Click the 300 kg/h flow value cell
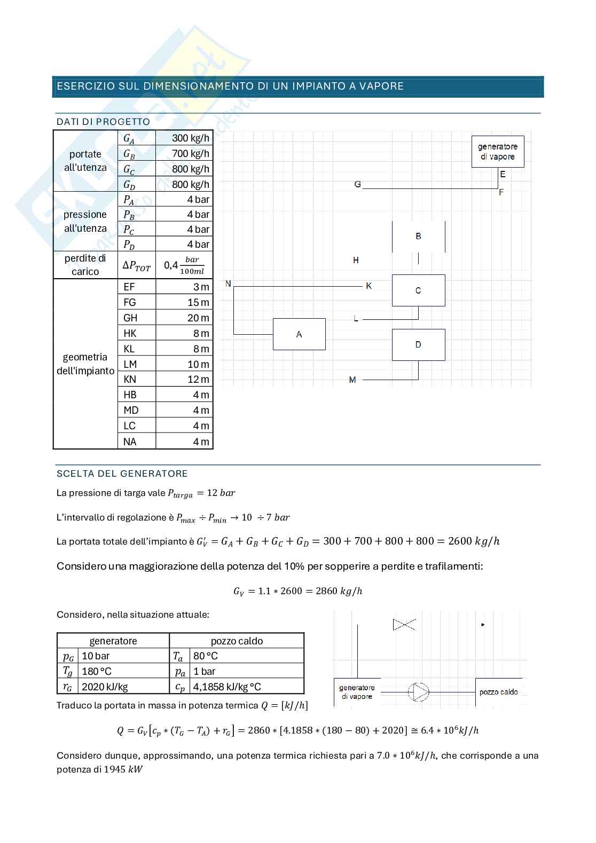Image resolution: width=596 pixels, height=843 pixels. (184, 138)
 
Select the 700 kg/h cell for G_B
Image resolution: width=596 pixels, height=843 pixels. (184, 154)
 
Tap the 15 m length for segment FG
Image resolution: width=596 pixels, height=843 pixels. (184, 302)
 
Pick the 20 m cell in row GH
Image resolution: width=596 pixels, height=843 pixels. (184, 318)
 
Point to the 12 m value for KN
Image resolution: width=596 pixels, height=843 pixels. (184, 380)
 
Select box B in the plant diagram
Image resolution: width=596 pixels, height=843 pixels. (418, 236)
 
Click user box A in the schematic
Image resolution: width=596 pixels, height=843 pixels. (299, 334)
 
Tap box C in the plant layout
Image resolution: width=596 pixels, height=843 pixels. (418, 290)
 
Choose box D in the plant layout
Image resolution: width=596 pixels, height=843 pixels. (418, 345)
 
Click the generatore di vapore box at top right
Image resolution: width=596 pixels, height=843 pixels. (497, 152)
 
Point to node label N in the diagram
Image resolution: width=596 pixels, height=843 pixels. (228, 283)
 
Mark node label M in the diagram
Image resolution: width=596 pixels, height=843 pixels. (352, 380)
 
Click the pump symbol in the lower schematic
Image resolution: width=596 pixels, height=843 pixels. (418, 692)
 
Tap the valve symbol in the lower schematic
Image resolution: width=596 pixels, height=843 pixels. (404, 624)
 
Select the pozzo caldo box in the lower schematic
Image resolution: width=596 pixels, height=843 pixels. (498, 692)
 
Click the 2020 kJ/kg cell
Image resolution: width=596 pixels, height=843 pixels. (123, 687)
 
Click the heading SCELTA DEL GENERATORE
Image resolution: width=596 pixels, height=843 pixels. (122, 474)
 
